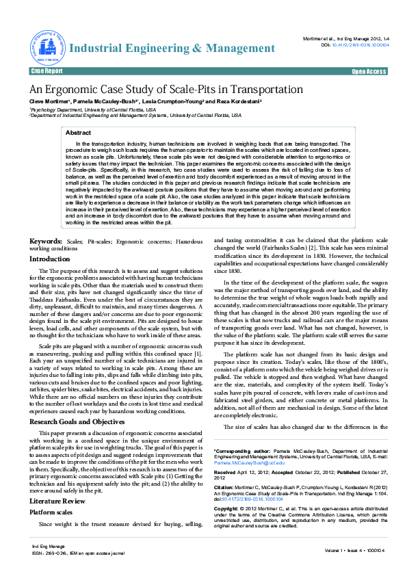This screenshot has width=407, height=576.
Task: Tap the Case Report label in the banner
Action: (47, 71)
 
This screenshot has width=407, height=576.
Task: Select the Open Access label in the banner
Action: (369, 71)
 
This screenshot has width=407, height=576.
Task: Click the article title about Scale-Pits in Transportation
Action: (166, 90)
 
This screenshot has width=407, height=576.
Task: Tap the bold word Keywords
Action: (45, 241)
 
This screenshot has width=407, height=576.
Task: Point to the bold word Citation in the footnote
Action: (226, 486)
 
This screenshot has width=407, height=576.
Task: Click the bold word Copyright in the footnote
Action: (229, 510)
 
